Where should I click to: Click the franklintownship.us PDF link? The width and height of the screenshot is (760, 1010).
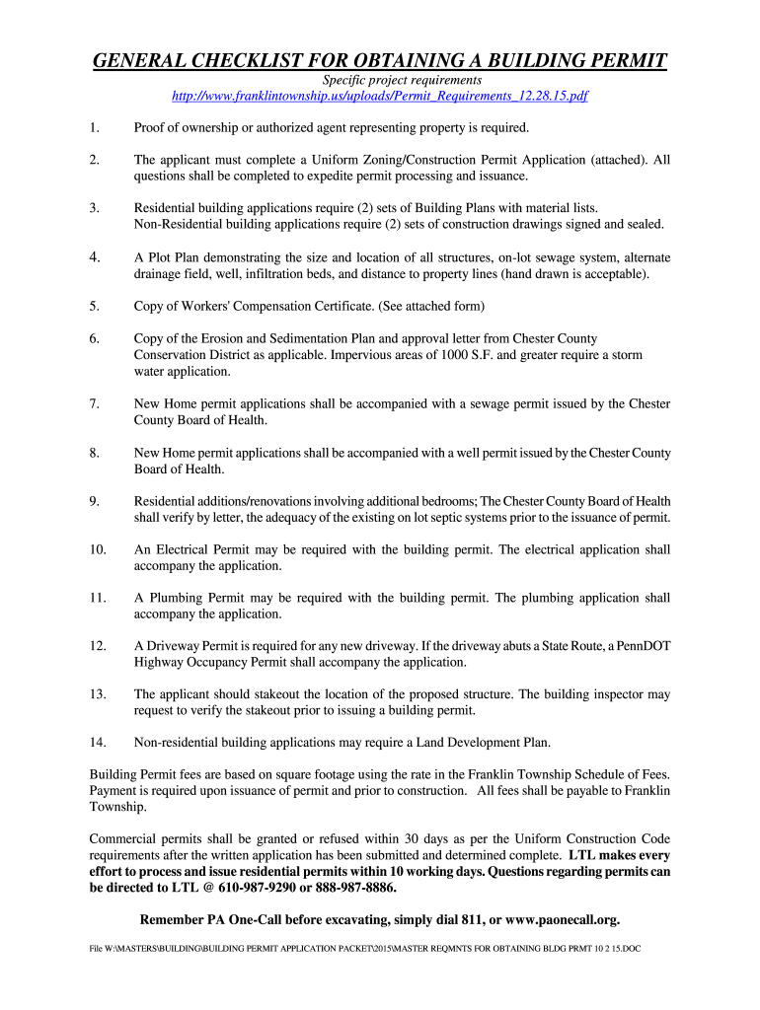[380, 97]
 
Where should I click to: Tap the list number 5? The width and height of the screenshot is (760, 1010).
[94, 306]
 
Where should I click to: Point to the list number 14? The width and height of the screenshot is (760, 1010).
[98, 742]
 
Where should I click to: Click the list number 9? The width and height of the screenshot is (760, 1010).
[94, 501]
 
